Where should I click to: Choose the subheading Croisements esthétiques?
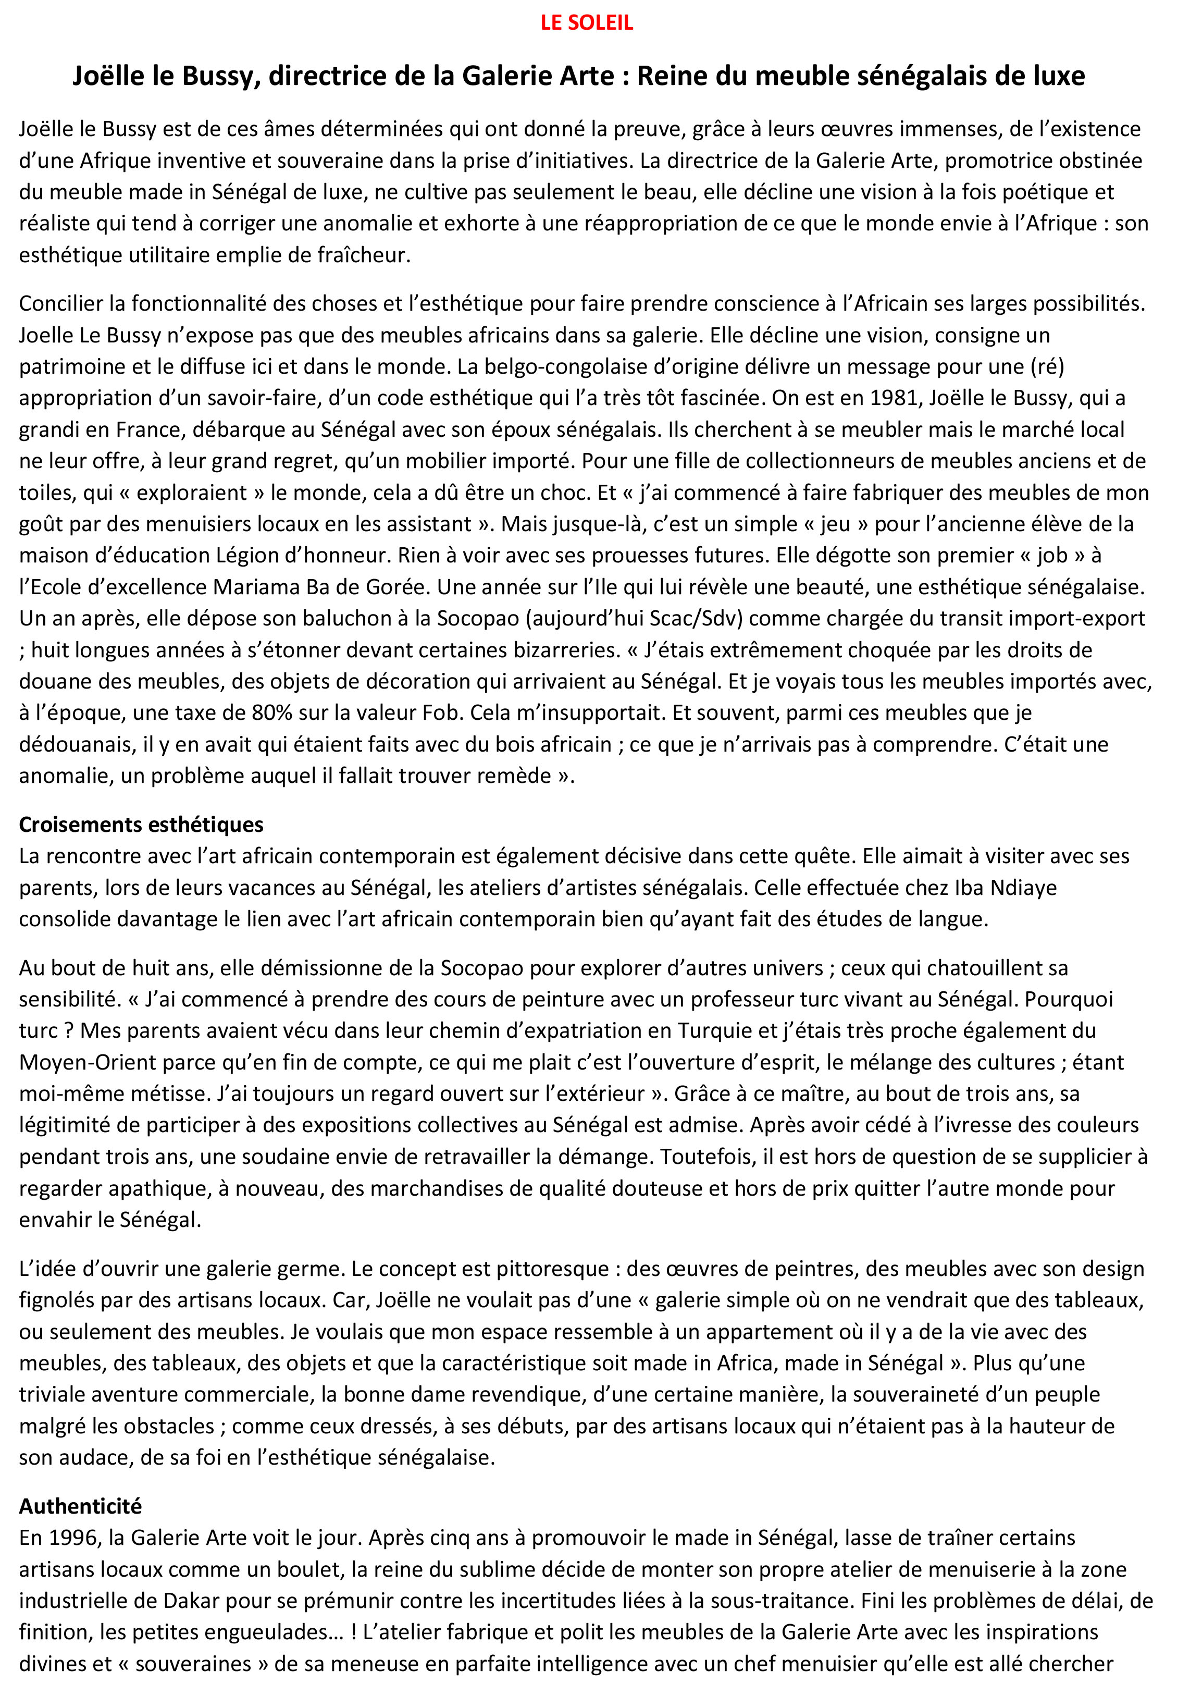[141, 825]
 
